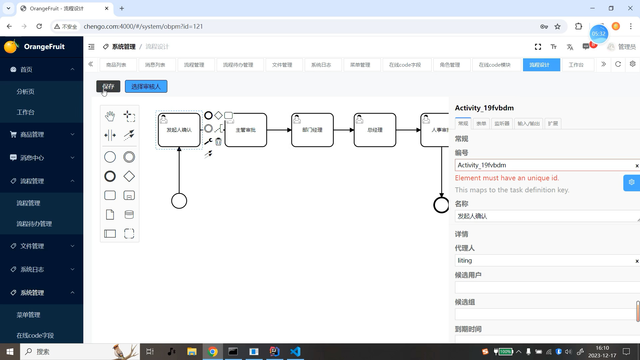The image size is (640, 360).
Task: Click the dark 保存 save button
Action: point(108,86)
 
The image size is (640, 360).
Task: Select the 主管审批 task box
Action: point(246,130)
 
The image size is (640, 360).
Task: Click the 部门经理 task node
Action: point(312,130)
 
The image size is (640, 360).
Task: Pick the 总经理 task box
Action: point(375,130)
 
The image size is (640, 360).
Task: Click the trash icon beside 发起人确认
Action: point(218,142)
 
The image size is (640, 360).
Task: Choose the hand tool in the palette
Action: point(110,116)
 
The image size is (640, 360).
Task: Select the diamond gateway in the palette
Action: point(129,176)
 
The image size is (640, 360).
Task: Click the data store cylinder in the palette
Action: point(129,215)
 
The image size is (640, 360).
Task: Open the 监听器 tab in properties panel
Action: point(502,124)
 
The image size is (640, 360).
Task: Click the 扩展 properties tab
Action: point(553,124)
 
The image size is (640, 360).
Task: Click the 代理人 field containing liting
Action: point(545,261)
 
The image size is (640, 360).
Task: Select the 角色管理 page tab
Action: point(450,65)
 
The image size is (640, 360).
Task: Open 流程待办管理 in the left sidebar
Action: point(34,224)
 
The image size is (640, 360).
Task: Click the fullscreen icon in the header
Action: point(538,47)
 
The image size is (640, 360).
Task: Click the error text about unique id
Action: point(507,178)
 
